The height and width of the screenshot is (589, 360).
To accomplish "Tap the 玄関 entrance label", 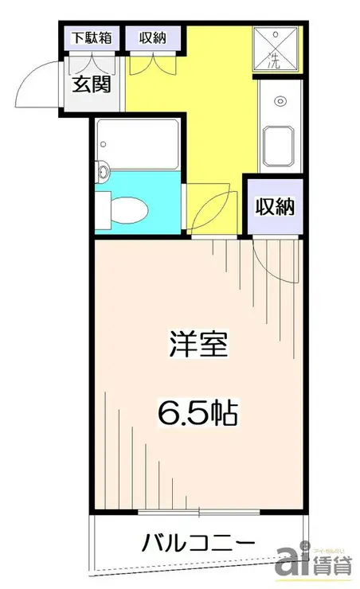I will coord(93,85).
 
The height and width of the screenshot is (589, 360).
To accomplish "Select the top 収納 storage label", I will coord(153,37).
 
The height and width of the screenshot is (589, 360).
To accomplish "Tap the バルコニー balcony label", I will coord(199,544).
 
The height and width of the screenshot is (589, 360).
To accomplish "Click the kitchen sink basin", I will coord(280,146).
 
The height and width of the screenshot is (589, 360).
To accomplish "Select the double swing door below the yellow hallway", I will coord(210,209).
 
